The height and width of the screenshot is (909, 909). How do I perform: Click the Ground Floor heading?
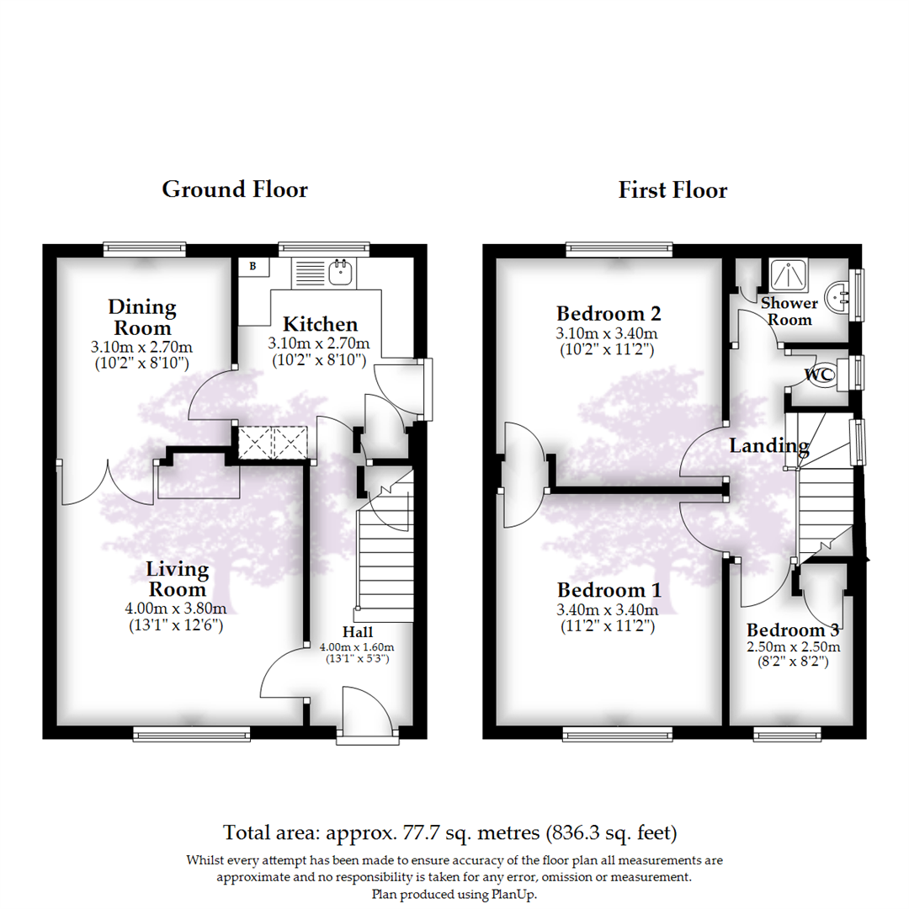coord(235,189)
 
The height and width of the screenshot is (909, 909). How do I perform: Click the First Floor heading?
coord(672,189)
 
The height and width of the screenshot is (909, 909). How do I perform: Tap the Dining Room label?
coord(141,317)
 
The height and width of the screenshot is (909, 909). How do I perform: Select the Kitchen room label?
coord(320,324)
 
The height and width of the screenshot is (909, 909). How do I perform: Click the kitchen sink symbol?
coord(341,272)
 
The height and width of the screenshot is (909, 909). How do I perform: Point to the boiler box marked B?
coord(252,266)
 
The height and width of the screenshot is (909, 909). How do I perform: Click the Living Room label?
coord(178,579)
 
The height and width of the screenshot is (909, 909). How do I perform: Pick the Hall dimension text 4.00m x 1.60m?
coord(357,647)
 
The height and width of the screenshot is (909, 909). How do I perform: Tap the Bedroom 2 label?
coord(610,314)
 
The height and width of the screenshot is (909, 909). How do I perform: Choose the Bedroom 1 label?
coord(609,589)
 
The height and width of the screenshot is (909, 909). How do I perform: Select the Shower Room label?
coord(789,311)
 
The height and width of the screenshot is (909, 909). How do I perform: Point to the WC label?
coord(819,374)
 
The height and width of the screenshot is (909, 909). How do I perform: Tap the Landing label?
coord(768,446)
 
